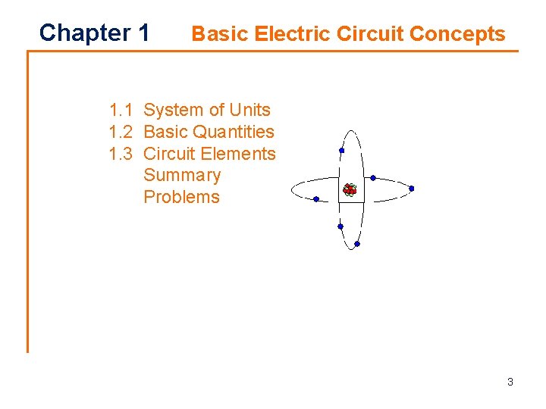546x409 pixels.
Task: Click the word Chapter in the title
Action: tap(84, 33)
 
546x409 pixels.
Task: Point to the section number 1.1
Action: tap(121, 110)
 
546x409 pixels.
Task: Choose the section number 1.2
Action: tap(121, 132)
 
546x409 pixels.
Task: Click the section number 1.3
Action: tap(121, 154)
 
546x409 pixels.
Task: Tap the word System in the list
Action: tap(174, 110)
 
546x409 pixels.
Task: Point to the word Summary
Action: tap(182, 176)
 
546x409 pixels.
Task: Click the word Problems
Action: tap(181, 198)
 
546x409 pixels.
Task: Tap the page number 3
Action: tap(510, 382)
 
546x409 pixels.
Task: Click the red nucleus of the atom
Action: tap(350, 189)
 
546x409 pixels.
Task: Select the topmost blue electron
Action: tap(341, 151)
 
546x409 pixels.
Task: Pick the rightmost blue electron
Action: tap(412, 189)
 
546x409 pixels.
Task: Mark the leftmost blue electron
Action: tap(315, 199)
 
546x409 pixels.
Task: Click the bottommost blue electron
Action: tap(356, 244)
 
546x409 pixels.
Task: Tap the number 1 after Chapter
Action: tap(144, 33)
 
